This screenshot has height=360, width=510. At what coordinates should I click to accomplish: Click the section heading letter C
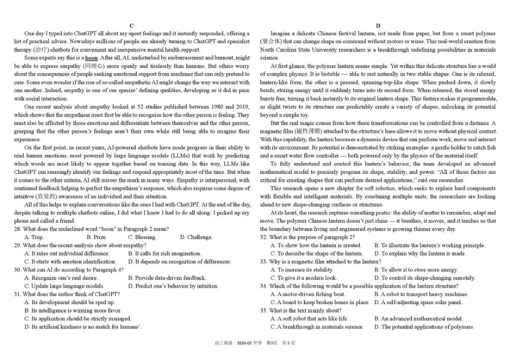tap(132, 26)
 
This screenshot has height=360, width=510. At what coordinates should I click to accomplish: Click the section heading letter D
tap(378, 26)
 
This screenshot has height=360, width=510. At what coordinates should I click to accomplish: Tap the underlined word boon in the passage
tap(91, 58)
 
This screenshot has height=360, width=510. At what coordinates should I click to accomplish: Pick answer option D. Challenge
tap(196, 237)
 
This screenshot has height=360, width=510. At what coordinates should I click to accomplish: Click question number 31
tap(18, 294)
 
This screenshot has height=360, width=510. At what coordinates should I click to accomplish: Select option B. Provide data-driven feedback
tap(167, 278)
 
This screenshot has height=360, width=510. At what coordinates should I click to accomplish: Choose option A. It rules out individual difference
tap(67, 253)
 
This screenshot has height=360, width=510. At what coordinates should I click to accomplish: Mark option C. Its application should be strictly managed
tap(78, 318)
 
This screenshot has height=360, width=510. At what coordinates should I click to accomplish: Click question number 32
tap(264, 237)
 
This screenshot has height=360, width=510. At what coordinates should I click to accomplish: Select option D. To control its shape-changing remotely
tap(424, 278)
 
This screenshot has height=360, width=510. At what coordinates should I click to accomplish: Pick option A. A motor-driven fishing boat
tap(308, 294)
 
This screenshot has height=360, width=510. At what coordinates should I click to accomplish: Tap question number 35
tap(264, 310)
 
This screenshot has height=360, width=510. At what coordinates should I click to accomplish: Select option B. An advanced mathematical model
tap(418, 318)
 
